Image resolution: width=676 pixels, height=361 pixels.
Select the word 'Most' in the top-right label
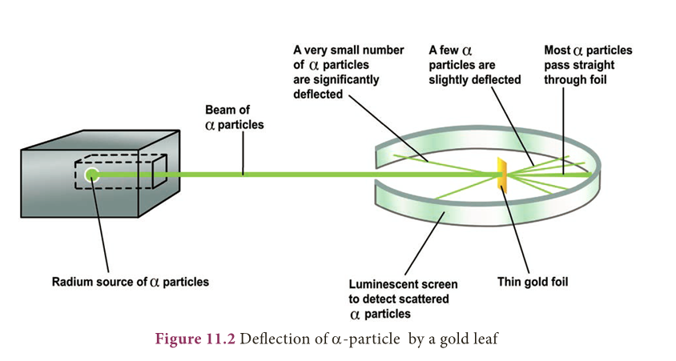[x=558, y=50]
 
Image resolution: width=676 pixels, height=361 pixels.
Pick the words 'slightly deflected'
[x=475, y=80]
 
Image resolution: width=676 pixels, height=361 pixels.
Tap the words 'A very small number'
[x=348, y=50]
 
